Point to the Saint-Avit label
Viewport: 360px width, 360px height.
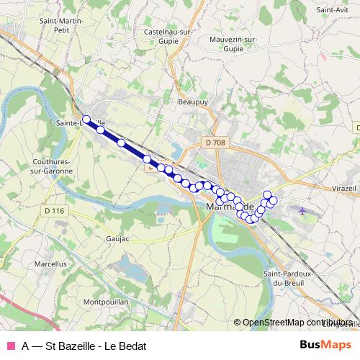(x=333, y=10)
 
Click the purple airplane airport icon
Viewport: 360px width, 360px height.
(x=302, y=212)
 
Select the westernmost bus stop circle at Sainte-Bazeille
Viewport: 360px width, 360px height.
(x=86, y=120)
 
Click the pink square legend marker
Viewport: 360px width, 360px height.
(x=10, y=346)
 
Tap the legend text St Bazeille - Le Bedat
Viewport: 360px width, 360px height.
(x=79, y=346)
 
